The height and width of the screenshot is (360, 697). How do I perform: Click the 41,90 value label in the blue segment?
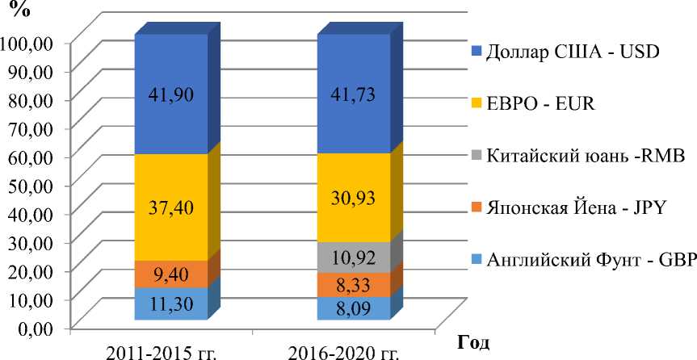point(170,94)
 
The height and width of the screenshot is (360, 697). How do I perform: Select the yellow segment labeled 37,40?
point(170,207)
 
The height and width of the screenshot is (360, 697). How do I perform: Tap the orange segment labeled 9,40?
point(170,274)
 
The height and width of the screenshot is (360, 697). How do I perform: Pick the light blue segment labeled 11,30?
point(170,303)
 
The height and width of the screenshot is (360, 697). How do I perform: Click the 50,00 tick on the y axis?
point(31,184)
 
